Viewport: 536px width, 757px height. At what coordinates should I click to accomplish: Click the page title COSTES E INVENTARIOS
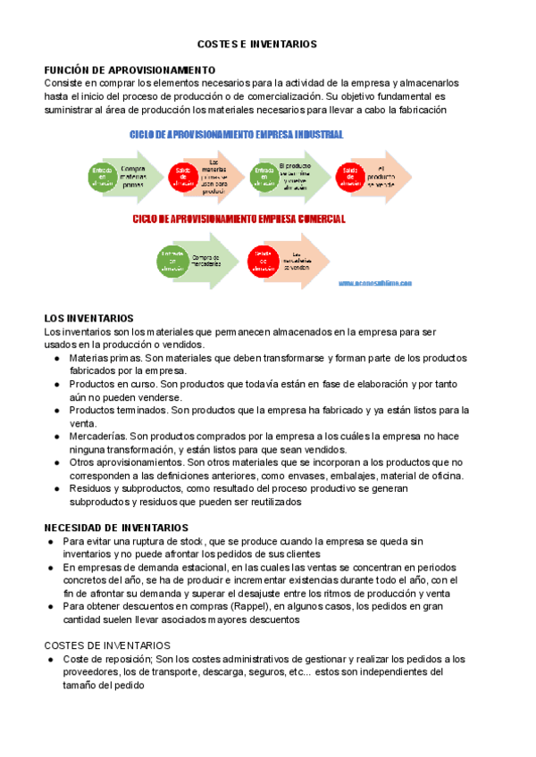point(256,43)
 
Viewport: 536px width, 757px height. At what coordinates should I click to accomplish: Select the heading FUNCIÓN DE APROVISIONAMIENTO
point(130,70)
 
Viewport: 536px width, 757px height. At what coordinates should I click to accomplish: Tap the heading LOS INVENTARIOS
point(88,318)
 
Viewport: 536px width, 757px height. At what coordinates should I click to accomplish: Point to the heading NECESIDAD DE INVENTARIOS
point(116,528)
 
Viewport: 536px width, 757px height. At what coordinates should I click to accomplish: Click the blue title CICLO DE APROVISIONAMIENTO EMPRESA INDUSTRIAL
point(237,135)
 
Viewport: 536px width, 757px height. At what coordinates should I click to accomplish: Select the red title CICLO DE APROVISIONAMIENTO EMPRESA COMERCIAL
point(239,219)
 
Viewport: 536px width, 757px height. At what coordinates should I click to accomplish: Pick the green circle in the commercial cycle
point(172,259)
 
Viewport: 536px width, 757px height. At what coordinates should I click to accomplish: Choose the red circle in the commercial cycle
point(263,259)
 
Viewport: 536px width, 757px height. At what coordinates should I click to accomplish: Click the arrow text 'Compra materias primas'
point(132,176)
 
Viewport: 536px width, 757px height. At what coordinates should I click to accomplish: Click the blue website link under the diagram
point(375,283)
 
